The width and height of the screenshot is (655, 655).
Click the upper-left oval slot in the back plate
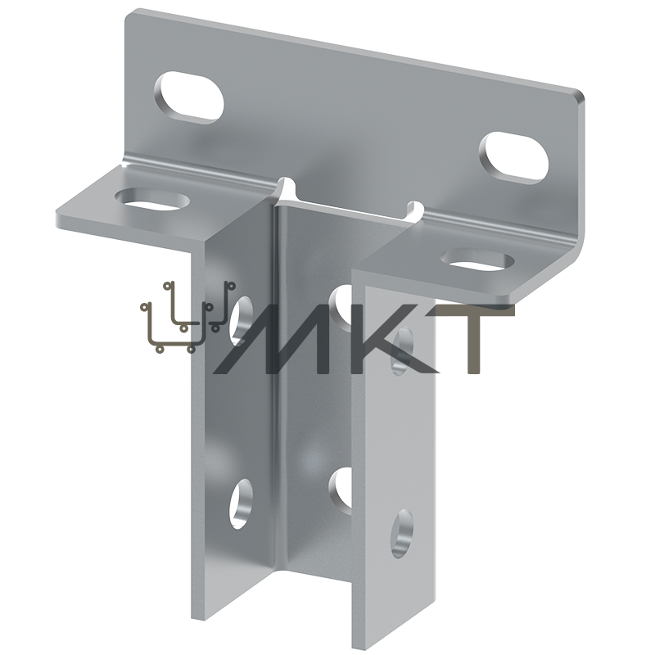(189, 97)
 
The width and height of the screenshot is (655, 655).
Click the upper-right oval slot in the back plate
(514, 158)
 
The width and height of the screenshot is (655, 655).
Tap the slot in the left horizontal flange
(152, 199)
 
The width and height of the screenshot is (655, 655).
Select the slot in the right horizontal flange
(477, 260)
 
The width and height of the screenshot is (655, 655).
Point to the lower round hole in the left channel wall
(241, 504)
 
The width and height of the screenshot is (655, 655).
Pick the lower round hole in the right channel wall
(402, 534)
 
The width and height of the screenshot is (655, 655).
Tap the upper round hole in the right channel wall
(402, 351)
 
